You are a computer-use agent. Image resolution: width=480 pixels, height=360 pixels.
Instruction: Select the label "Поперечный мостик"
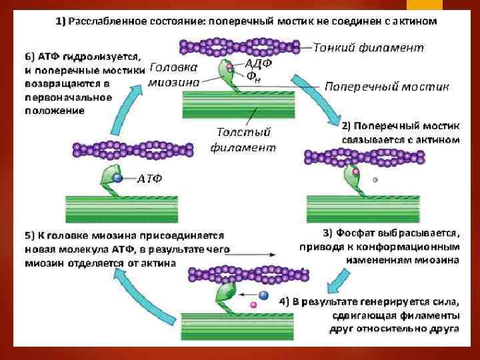click(x=387, y=87)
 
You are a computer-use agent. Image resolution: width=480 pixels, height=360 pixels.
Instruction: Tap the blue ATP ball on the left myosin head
click(x=117, y=179)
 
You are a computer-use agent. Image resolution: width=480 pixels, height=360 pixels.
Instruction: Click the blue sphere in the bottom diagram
click(x=263, y=295)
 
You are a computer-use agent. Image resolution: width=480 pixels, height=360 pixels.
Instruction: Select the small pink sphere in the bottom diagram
click(x=253, y=305)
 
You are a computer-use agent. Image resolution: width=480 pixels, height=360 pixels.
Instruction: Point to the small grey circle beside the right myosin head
click(x=375, y=179)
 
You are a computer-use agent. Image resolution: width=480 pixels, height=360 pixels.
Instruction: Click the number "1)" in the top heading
click(x=61, y=21)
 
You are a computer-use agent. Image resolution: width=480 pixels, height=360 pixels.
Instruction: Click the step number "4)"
click(x=285, y=301)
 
